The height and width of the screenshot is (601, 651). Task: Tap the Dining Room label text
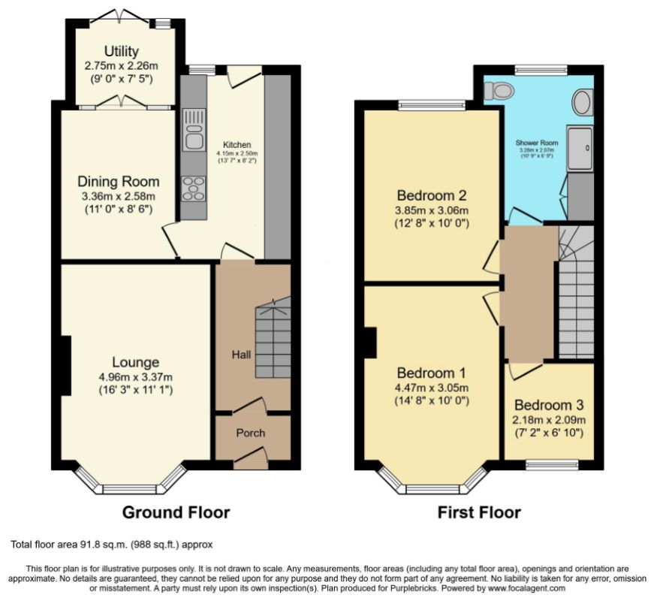coord(119,182)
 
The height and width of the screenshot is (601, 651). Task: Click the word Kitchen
coord(236,145)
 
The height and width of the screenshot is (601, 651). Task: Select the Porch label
coord(251,433)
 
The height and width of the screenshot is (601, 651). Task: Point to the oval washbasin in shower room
coord(582,101)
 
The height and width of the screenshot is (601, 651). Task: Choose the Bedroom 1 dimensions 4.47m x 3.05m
coord(432,388)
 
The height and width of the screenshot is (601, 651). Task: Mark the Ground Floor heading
coord(176,512)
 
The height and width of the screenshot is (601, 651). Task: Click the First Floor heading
coord(479,512)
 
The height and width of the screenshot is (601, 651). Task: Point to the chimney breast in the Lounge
coord(65,365)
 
